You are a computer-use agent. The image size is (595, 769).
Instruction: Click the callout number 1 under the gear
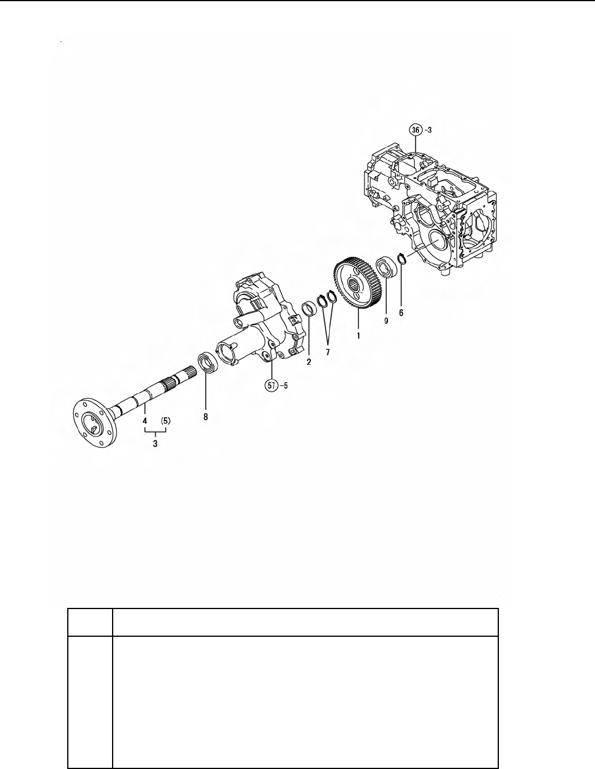pos(358,335)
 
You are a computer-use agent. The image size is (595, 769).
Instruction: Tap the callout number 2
pos(308,362)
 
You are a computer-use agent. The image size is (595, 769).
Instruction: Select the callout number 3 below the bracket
pos(155,443)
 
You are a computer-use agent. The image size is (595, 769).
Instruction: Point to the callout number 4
pos(145,421)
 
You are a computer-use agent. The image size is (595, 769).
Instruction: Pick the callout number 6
pos(401,313)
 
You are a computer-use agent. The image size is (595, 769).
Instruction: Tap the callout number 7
pos(328,352)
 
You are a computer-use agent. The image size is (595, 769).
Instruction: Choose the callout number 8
pos(205,417)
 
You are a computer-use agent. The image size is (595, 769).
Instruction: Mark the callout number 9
pos(386,320)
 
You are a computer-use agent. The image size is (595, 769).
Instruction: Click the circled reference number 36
pos(415,130)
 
